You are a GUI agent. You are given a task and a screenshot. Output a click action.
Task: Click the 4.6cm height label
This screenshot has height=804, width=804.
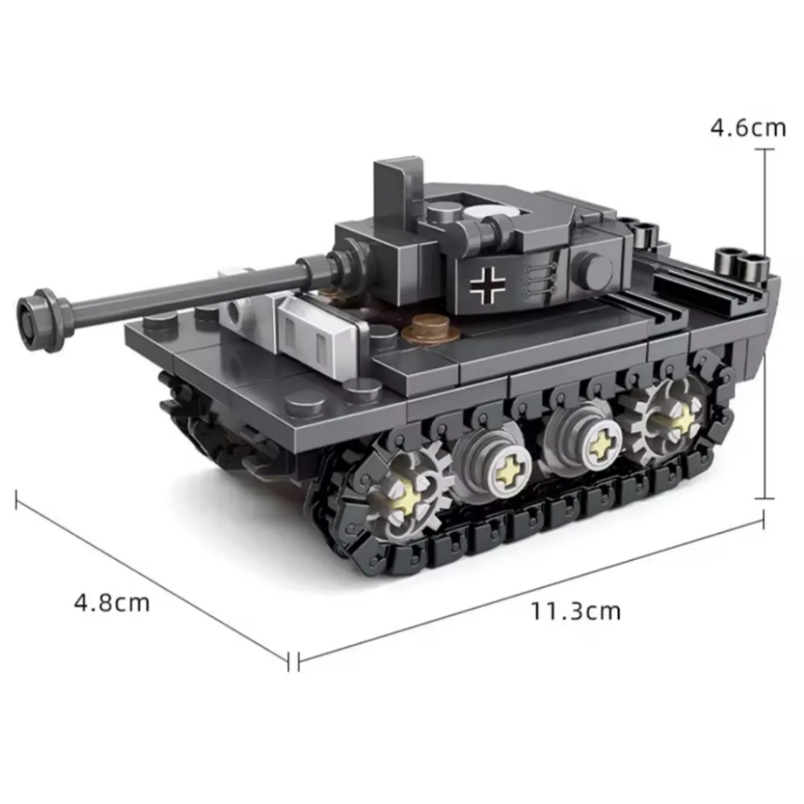click(x=748, y=128)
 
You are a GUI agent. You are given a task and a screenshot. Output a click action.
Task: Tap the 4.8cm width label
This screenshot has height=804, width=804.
click(x=112, y=602)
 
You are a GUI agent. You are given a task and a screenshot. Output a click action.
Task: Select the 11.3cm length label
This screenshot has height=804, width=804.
click(x=576, y=611)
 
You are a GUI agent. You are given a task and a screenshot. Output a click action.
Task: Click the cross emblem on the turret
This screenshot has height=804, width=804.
click(x=487, y=283)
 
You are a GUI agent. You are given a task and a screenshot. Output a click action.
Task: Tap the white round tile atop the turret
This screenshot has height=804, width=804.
click(x=492, y=213)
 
